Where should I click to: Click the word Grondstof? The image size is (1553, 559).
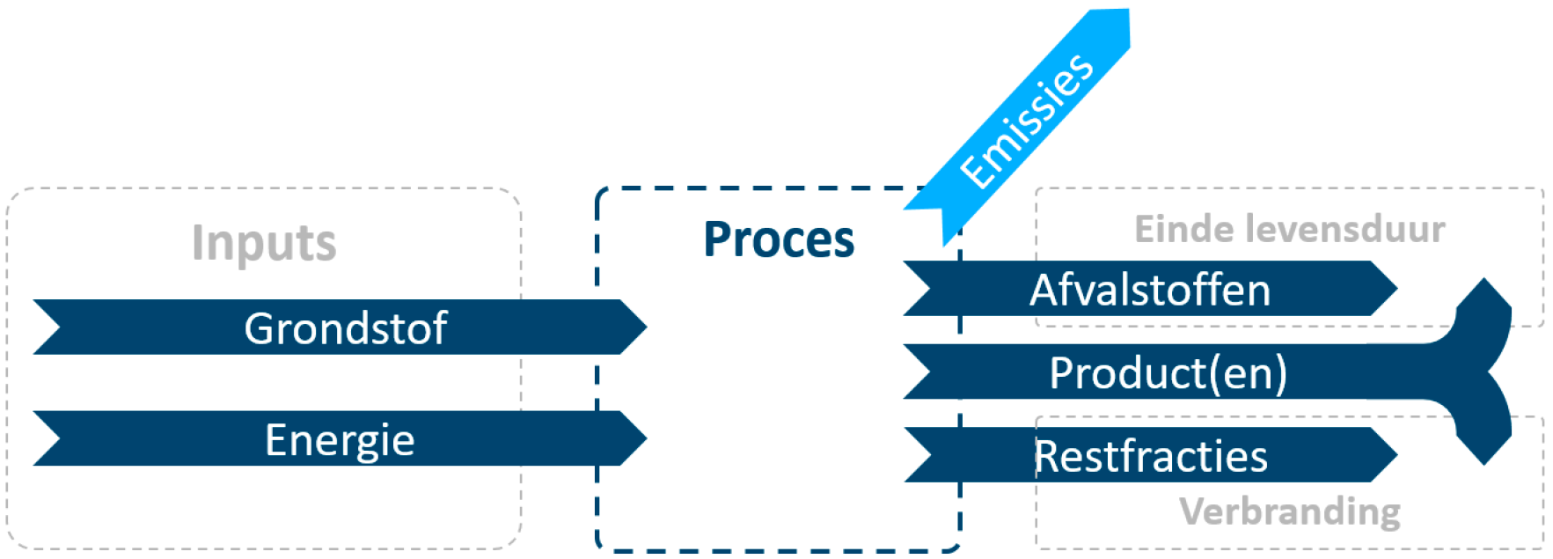(x=345, y=328)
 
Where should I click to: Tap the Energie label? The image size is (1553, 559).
(x=340, y=439)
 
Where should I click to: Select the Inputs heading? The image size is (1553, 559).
(x=264, y=243)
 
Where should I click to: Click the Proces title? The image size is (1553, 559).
(x=779, y=239)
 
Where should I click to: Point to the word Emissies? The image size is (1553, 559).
(x=1027, y=121)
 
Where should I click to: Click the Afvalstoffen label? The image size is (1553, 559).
(x=1150, y=290)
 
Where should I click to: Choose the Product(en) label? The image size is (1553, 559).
(x=1168, y=372)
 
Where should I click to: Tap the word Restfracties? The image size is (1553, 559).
(x=1150, y=456)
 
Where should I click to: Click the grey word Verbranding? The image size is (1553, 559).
(x=1289, y=511)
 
